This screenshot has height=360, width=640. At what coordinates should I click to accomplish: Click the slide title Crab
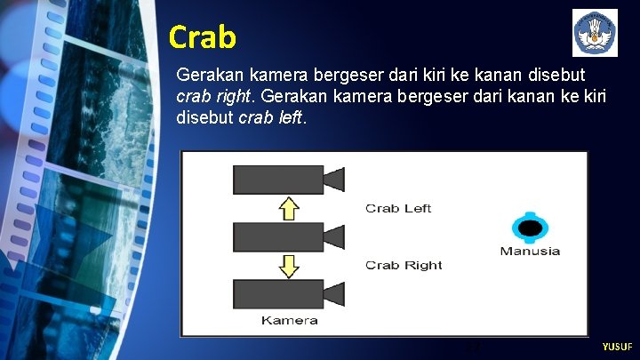pyautogui.click(x=203, y=37)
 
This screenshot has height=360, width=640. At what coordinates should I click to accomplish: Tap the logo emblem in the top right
pyautogui.click(x=595, y=34)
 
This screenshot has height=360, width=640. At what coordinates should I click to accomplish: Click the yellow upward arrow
pyautogui.click(x=288, y=208)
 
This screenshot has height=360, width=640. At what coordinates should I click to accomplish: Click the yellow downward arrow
pyautogui.click(x=288, y=265)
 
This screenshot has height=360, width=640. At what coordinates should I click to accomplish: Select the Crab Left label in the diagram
pyautogui.click(x=398, y=208)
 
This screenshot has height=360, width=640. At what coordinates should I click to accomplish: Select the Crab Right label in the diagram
pyautogui.click(x=404, y=265)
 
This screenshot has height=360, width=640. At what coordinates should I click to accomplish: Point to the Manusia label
pyautogui.click(x=530, y=251)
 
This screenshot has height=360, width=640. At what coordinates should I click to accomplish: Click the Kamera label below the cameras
pyautogui.click(x=289, y=320)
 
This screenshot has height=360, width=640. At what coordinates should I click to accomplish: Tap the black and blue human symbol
pyautogui.click(x=530, y=228)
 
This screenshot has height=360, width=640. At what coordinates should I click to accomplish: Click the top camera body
pyautogui.click(x=277, y=180)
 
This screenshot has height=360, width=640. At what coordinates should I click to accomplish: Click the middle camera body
pyautogui.click(x=277, y=236)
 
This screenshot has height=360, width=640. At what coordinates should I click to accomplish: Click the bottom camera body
pyautogui.click(x=277, y=293)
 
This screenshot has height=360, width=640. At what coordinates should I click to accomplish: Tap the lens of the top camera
pyautogui.click(x=333, y=180)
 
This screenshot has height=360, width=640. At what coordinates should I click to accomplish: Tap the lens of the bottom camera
pyautogui.click(x=333, y=293)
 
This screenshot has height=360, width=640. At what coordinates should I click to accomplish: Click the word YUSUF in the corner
pyautogui.click(x=617, y=347)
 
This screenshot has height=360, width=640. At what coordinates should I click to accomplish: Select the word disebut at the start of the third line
pyautogui.click(x=205, y=116)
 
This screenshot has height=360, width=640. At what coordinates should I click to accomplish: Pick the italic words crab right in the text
pyautogui.click(x=216, y=95)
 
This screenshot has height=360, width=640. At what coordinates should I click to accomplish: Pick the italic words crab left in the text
pyautogui.click(x=271, y=116)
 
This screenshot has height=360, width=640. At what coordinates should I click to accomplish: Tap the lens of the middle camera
pyautogui.click(x=333, y=236)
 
